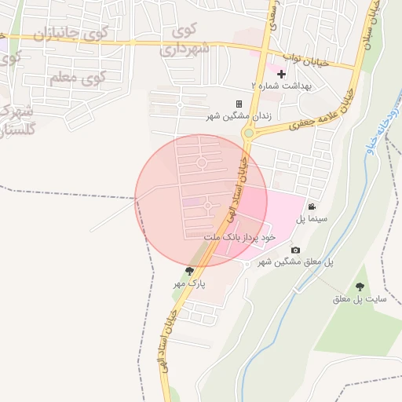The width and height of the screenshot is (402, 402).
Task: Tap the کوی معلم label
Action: tap(77, 79)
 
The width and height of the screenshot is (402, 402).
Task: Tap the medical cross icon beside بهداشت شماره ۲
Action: tap(281, 73)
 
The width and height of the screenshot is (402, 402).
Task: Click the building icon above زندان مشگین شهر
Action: tap(239, 104)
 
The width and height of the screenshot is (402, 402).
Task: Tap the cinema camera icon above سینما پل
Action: tap(312, 206)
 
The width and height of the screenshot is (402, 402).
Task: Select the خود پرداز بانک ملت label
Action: tap(239, 236)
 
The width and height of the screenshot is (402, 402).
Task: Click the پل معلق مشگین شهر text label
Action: tap(295, 261)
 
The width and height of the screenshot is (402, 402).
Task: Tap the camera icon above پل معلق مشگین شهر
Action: tap(295, 250)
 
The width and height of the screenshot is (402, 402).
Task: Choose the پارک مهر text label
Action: tap(189, 283)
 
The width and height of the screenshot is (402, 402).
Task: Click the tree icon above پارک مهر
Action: tap(189, 271)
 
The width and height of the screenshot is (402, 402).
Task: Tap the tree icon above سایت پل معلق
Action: tap(360, 287)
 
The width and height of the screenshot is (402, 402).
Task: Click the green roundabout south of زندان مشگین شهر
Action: tap(248, 133)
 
